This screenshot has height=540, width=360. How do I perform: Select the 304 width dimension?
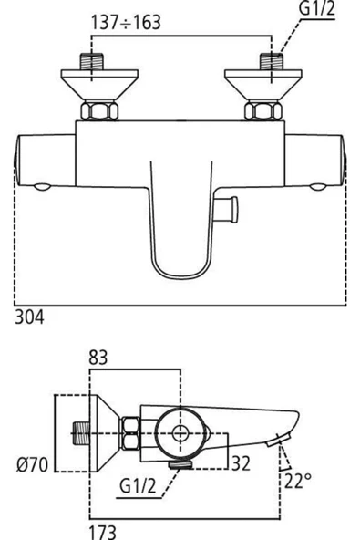tap(29, 317)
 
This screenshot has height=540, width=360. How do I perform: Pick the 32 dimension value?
tap(240, 462)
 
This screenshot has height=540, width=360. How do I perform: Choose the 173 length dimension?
tap(102, 528)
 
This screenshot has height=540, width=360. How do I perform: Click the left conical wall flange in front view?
tap(95, 88)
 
